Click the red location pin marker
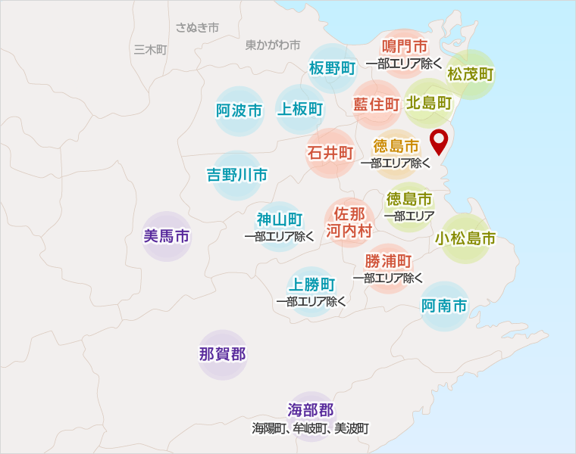click(x=439, y=141)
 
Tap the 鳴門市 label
click(x=404, y=47)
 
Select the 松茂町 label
click(x=471, y=74)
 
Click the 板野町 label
click(x=333, y=68)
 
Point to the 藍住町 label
click(x=377, y=104)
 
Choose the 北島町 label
click(x=429, y=102)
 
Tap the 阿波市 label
click(x=239, y=111)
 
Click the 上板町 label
click(x=301, y=109)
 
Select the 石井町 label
click(x=330, y=153)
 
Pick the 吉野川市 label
click(x=237, y=176)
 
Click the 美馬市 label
click(x=167, y=236)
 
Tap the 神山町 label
click(x=280, y=219)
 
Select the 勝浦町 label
click(x=388, y=261)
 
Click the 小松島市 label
click(x=466, y=239)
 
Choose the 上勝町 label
click(x=311, y=285)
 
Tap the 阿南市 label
click(x=444, y=306)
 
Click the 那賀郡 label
click(x=223, y=353)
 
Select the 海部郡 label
click(x=311, y=410)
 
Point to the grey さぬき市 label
click(x=197, y=27)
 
